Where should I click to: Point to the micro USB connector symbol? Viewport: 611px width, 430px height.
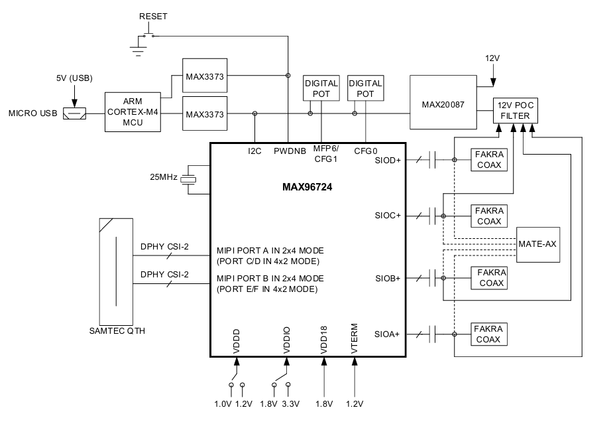pyautogui.click(x=74, y=113)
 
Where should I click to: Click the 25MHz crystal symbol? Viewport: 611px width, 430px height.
pyautogui.click(x=190, y=179)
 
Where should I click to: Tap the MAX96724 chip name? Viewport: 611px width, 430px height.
pyautogui.click(x=307, y=187)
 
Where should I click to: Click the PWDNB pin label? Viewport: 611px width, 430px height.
pyautogui.click(x=290, y=151)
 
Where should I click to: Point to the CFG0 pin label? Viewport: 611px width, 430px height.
pyautogui.click(x=366, y=151)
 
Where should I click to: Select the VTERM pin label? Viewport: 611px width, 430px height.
pyautogui.click(x=355, y=338)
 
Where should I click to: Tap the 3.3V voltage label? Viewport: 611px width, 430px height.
pyautogui.click(x=290, y=404)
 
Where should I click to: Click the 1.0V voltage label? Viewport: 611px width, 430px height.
pyautogui.click(x=223, y=404)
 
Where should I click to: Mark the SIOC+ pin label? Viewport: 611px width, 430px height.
pyautogui.click(x=387, y=216)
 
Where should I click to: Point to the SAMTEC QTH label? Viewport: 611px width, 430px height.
pyautogui.click(x=117, y=331)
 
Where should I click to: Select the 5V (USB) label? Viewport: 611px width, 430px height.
pyautogui.click(x=74, y=78)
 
